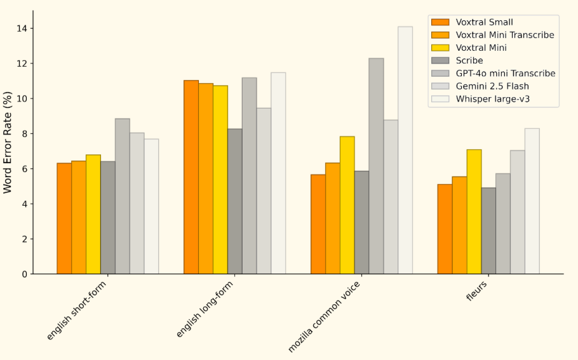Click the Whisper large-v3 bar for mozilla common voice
coord(405,150)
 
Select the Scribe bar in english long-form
coord(235,201)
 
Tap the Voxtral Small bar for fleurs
coord(445,229)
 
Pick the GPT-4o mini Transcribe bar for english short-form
coord(123,196)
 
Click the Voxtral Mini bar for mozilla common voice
coord(347,205)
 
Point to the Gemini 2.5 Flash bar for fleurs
coord(518,212)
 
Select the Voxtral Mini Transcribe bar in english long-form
coord(206,178)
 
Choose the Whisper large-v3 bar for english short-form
coord(152,206)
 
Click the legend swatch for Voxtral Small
coord(441,22)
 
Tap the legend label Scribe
coord(469,60)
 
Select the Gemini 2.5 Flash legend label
coord(492,86)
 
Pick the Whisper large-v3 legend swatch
coord(441,99)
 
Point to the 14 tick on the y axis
coord(31,29)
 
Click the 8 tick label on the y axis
coord(24,134)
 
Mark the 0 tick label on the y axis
coord(24,274)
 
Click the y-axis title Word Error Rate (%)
coord(8,142)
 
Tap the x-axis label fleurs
coord(476,291)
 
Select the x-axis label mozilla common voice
coord(324,317)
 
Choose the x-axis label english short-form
coord(76,310)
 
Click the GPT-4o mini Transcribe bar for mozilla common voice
coord(377,166)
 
